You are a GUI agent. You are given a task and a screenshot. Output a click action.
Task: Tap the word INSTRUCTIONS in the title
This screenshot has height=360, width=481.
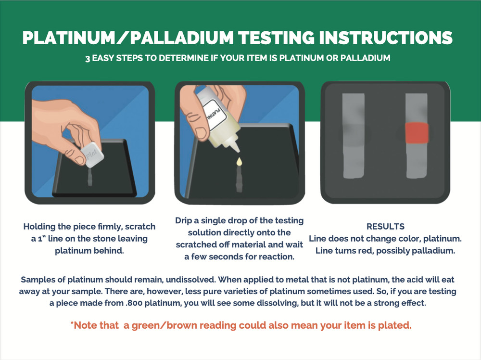(x=386, y=38)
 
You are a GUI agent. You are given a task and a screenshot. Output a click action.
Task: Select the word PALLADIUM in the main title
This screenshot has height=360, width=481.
(x=182, y=38)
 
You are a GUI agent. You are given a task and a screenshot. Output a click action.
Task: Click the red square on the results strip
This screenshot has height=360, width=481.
(x=417, y=132)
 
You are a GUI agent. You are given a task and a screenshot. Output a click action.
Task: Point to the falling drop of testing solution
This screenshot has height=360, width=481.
(x=239, y=162)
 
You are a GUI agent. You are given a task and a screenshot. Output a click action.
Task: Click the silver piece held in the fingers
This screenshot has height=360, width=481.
(x=92, y=154)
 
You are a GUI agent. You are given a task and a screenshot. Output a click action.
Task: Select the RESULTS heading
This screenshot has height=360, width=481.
(x=385, y=227)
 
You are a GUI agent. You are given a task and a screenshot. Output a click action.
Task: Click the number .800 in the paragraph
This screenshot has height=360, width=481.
(x=134, y=303)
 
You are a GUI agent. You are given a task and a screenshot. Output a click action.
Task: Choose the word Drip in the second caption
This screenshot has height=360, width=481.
(x=183, y=221)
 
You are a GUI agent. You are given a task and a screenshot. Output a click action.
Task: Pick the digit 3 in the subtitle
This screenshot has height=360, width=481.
(x=88, y=58)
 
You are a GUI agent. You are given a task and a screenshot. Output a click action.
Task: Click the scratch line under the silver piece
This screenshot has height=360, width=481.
(x=90, y=178)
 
